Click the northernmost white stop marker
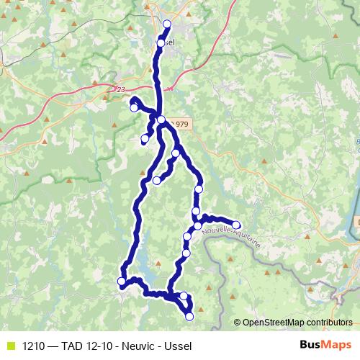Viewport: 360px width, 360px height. [x=167, y=24]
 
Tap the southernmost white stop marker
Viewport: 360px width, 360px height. [x=189, y=316]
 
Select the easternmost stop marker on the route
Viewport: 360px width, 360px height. [x=235, y=225]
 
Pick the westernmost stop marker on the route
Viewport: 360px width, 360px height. [x=122, y=281]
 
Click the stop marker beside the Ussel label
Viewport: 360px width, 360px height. [x=161, y=43]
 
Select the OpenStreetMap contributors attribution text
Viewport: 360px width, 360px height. [x=297, y=322]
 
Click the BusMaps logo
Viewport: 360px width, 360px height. [x=326, y=345]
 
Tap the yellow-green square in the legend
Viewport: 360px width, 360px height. [x=10, y=346]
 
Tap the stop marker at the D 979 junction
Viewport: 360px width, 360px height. [x=161, y=120]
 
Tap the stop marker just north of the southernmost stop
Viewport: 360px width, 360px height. [x=184, y=296]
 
